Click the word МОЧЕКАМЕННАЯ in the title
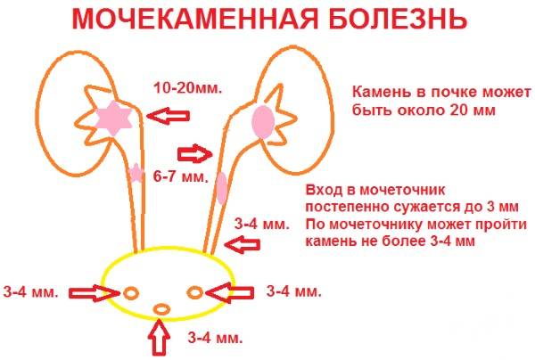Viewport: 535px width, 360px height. (194, 19)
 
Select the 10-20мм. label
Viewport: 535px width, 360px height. (187, 88)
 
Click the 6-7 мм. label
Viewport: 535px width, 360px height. (180, 176)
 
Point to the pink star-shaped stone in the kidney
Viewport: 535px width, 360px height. (113, 118)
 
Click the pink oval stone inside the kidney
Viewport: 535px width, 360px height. (263, 122)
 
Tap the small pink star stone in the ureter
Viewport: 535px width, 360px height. (136, 173)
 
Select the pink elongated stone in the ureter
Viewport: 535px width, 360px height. (222, 188)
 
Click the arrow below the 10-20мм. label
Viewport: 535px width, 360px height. (168, 116)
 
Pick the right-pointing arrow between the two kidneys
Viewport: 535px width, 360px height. (195, 153)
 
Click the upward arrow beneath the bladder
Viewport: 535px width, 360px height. (159, 337)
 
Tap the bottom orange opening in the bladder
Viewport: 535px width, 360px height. (161, 309)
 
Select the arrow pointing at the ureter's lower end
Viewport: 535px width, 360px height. (243, 244)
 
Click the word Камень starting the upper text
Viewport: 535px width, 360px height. (376, 92)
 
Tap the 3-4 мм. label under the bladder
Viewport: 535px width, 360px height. (215, 338)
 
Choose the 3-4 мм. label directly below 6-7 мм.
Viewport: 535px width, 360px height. (261, 225)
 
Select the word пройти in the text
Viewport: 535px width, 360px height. (505, 225)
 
